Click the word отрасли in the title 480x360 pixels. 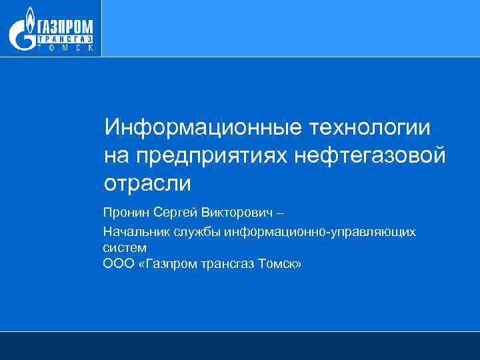pyautogui.click(x=147, y=183)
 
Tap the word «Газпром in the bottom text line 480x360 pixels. pyautogui.click(x=159, y=264)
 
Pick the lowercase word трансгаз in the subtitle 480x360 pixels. pyautogui.click(x=221, y=265)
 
